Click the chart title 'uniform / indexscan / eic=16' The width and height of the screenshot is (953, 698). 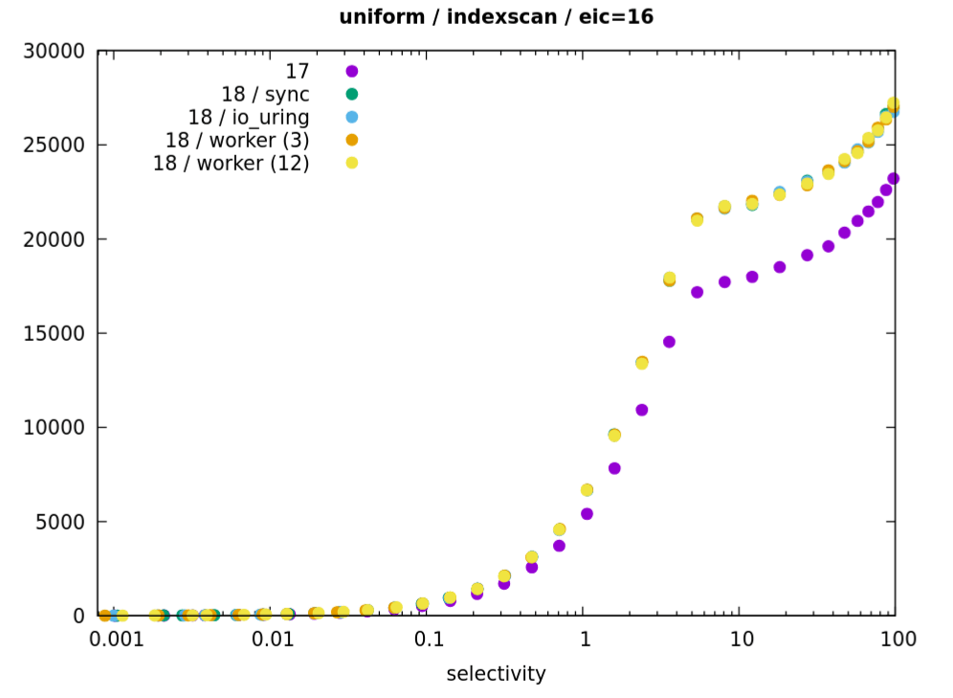point(496,16)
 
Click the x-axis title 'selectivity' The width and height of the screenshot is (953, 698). point(496,674)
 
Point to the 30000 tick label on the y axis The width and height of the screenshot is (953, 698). point(53,51)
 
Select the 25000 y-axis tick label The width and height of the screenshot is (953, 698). point(53,146)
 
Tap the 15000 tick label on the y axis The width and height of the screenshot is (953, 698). point(53,334)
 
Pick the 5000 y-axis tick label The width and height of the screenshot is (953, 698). point(59,523)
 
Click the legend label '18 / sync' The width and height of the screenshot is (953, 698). point(265,94)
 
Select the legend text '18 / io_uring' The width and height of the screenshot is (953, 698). point(249,117)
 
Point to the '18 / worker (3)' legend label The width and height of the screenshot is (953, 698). point(237,140)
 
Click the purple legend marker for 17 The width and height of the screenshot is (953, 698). point(351,71)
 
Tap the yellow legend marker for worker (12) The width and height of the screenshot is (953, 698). point(351,163)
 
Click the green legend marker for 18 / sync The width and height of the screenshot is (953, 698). point(351,94)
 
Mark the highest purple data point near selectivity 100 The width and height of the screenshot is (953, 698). point(893,178)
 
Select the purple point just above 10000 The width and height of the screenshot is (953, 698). point(642,410)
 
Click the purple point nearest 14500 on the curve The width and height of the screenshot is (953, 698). point(669,342)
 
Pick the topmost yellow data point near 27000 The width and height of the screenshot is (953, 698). point(893,103)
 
